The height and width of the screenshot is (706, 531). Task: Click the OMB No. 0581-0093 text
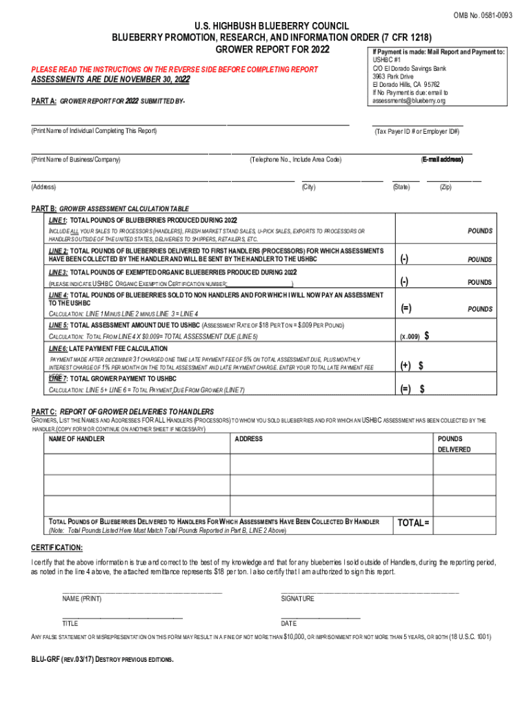482,15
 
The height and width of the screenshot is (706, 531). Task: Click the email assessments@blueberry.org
409,101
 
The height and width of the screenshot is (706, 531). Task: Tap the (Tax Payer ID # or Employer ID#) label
417,131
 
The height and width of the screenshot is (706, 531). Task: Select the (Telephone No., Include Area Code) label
295,160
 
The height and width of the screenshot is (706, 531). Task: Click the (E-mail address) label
442,160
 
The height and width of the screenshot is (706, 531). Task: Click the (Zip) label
445,188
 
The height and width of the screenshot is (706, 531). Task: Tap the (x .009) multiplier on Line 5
410,336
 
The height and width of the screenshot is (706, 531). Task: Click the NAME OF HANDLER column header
77,439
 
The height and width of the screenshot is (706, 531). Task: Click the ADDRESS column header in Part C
248,439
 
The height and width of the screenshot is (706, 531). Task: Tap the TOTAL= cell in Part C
413,523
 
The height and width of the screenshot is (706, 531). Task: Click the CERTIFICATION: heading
57,547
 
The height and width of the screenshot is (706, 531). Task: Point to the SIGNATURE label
297,599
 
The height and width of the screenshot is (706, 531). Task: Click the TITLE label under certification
70,623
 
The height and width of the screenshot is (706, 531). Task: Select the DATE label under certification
289,623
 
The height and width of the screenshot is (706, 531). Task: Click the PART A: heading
43,101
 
